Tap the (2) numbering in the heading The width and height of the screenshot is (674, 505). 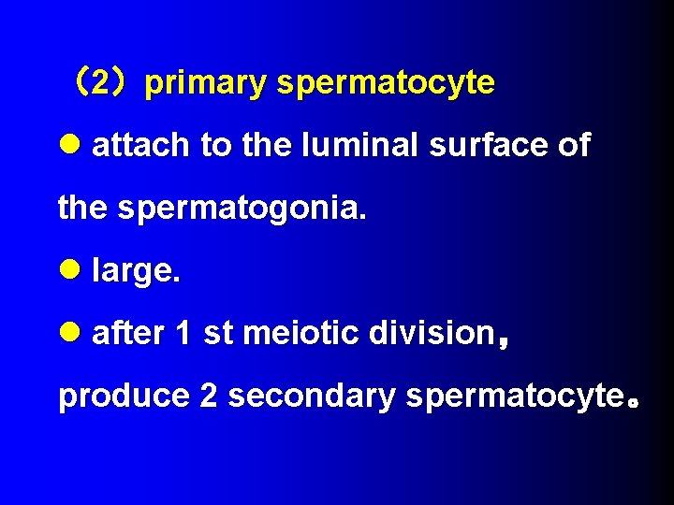[107, 83]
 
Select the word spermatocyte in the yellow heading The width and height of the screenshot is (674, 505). [385, 83]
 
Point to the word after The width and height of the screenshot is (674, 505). [128, 334]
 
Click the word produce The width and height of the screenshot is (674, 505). [124, 397]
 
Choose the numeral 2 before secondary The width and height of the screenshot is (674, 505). [208, 397]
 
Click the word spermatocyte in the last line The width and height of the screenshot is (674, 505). [514, 397]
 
